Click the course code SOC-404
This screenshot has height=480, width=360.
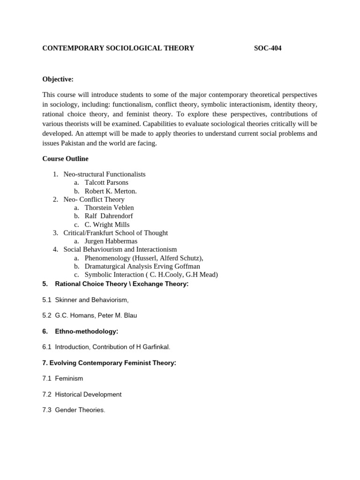[x=268, y=48]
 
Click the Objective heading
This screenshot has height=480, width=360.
[x=58, y=79]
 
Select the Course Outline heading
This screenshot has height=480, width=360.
[x=65, y=159]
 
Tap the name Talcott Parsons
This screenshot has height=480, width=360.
[x=106, y=182]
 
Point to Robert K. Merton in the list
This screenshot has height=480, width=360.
[x=111, y=191]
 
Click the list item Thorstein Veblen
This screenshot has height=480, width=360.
[x=109, y=208]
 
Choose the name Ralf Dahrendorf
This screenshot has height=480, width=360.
[x=109, y=216]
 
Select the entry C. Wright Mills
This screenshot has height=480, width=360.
[x=107, y=225]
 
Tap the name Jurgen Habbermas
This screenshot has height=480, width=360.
[x=111, y=241]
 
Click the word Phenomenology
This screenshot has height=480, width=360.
[x=109, y=258]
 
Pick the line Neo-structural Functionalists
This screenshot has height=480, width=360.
[x=105, y=174]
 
